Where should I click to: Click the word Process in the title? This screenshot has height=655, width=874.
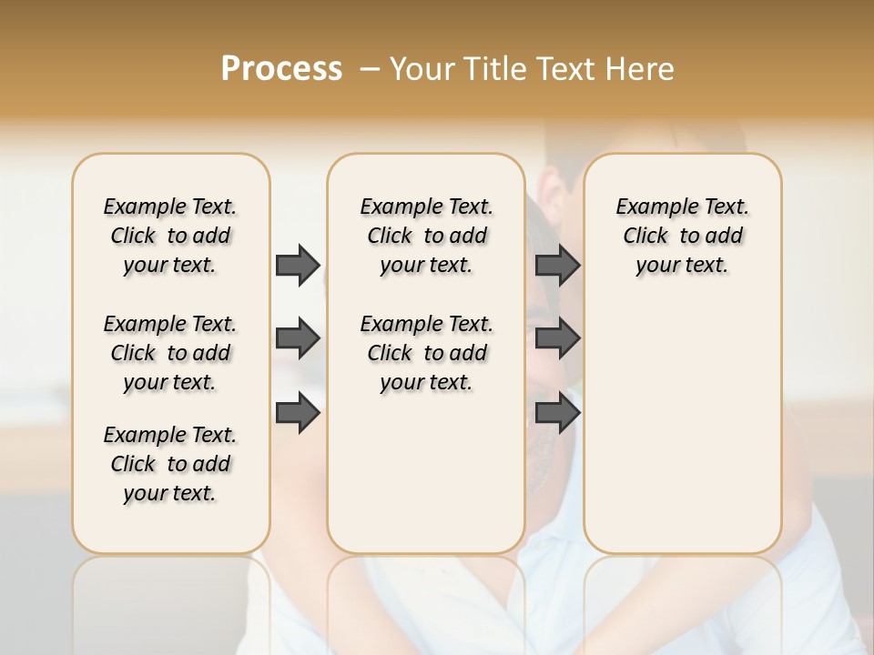(x=281, y=68)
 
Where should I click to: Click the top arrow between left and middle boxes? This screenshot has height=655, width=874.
(x=298, y=265)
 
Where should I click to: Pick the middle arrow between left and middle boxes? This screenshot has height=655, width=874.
(x=298, y=338)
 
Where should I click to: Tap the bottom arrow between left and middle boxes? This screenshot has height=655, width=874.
(x=298, y=413)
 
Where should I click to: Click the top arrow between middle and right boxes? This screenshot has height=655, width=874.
(x=557, y=265)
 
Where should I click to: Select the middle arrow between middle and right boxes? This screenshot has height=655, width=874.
(x=557, y=338)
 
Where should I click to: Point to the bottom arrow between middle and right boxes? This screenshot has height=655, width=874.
(x=557, y=413)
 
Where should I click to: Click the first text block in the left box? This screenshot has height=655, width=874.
(x=170, y=236)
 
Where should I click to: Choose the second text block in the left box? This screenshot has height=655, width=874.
(x=170, y=353)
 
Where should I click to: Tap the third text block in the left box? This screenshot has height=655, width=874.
(x=170, y=464)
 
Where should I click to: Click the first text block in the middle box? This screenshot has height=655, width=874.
(x=426, y=236)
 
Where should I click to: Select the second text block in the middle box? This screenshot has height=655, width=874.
(x=426, y=353)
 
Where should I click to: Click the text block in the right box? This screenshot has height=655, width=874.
(x=682, y=236)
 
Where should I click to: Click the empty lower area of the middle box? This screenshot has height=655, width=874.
(x=426, y=473)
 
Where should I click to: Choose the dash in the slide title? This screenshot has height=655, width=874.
(x=370, y=69)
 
